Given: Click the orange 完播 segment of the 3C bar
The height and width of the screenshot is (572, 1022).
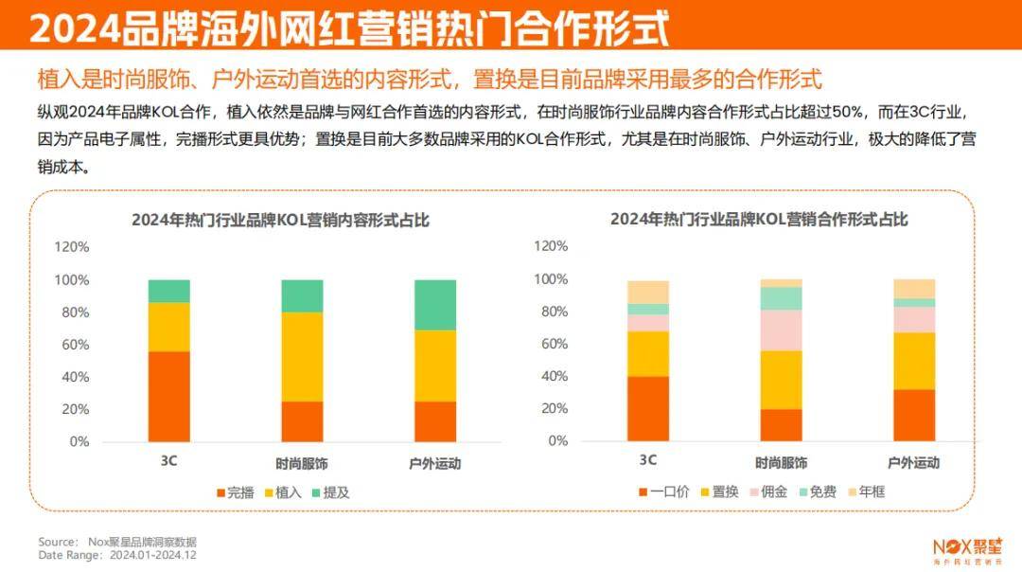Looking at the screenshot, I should tap(169, 396).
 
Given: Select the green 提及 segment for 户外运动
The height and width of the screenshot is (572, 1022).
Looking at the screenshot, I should tap(435, 304).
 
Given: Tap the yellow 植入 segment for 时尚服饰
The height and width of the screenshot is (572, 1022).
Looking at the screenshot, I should tap(302, 356).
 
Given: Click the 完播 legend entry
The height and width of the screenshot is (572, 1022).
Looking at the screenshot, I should tap(236, 492).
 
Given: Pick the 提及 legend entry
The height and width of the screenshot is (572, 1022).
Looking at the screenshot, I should tap(330, 492).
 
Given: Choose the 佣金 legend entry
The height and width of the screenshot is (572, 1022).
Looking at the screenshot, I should tap(769, 492).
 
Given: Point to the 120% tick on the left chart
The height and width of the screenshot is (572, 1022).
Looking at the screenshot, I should tap(71, 247).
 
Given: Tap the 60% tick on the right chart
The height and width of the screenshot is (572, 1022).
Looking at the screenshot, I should tap(553, 344).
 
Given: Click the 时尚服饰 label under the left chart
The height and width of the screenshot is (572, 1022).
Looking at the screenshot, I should tap(302, 464).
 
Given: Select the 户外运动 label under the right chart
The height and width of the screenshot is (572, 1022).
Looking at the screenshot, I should tap(913, 463).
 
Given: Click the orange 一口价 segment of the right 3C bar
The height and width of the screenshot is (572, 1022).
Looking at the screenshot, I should tap(648, 408).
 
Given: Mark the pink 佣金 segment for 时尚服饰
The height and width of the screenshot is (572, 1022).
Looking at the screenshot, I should tap(781, 330).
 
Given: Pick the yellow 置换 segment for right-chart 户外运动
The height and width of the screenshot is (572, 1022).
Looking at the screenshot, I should tap(914, 361).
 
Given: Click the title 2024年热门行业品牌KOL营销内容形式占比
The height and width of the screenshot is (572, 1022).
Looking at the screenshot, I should tap(280, 221).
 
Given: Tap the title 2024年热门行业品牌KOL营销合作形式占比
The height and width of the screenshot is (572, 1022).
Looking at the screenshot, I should tap(759, 220).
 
